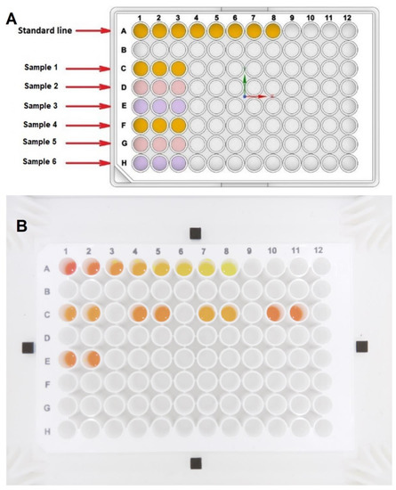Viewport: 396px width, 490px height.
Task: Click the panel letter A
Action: [12, 12]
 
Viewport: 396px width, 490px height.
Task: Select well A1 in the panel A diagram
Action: [142, 31]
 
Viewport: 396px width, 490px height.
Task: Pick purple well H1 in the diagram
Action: [142, 162]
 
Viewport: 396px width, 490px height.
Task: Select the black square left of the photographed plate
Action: [28, 345]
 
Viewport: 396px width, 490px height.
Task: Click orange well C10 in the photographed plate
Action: [275, 313]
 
